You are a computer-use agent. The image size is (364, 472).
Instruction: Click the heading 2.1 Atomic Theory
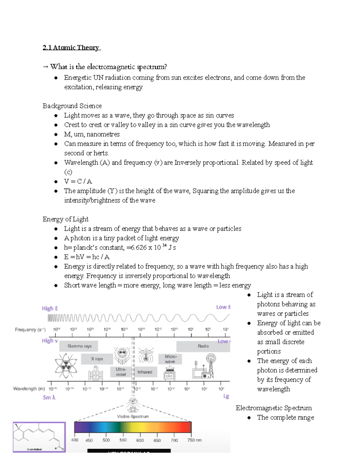71,48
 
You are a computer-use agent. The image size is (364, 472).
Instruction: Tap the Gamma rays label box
79,346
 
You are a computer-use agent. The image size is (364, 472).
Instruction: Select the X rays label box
97,359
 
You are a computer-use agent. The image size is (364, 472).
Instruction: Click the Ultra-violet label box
121,372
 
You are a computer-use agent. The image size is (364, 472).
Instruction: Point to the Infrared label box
145,372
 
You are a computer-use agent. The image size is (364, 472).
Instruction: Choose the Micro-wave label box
170,359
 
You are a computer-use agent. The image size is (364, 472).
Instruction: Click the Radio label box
203,346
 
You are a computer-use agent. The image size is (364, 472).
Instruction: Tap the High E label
50,308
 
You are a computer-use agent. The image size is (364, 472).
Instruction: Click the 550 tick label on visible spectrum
123,440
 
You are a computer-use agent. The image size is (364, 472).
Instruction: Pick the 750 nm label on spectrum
194,440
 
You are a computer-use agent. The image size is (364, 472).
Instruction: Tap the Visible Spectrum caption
133,417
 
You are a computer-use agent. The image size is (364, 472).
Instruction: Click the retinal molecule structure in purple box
39,437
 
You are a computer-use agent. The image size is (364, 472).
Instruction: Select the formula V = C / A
78,181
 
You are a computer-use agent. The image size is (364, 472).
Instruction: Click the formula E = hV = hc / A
87,257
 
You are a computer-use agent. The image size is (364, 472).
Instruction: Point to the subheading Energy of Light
66,219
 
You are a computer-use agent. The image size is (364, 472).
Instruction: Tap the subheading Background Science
72,106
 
